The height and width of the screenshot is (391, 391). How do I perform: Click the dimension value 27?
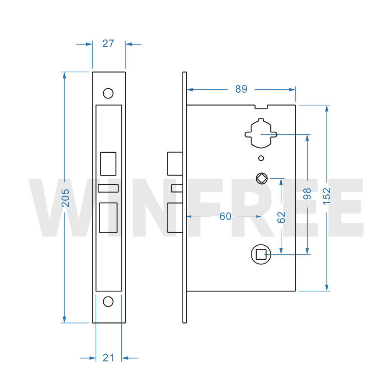(108, 44)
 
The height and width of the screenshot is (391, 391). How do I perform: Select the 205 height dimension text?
(65, 198)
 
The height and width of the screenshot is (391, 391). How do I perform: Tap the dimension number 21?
(108, 358)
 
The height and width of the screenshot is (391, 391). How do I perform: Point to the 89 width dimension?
(241, 89)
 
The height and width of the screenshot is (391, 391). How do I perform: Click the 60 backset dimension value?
(225, 217)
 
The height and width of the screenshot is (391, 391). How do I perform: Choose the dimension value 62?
(281, 217)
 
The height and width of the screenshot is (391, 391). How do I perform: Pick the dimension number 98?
(307, 194)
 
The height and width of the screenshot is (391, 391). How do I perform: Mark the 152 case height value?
(326, 197)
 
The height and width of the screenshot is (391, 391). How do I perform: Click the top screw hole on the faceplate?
(108, 93)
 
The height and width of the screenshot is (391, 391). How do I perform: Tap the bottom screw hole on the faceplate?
(108, 301)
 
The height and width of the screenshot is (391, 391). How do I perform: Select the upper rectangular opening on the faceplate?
(108, 164)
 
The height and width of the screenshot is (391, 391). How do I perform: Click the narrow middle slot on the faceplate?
(108, 188)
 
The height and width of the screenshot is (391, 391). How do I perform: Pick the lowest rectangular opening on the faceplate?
(108, 218)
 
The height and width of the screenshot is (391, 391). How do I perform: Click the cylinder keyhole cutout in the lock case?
(261, 133)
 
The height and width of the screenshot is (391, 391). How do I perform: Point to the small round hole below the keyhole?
(261, 158)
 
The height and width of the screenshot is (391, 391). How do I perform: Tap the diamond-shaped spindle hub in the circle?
(262, 179)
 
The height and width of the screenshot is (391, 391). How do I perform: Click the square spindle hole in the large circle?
(261, 255)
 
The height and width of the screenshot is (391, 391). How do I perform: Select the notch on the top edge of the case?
(261, 107)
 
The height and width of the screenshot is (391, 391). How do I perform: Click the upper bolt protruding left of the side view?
(175, 163)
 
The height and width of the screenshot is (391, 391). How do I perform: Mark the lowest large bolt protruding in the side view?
(175, 218)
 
